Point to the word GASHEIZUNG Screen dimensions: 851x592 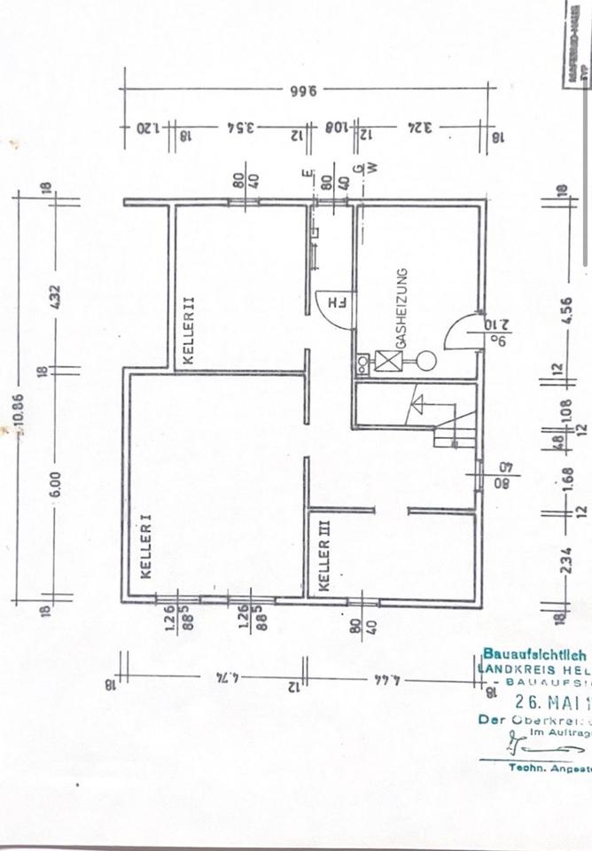tap(401, 308)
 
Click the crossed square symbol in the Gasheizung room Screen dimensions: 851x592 tap(388, 361)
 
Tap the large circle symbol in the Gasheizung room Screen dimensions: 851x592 tap(425, 361)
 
